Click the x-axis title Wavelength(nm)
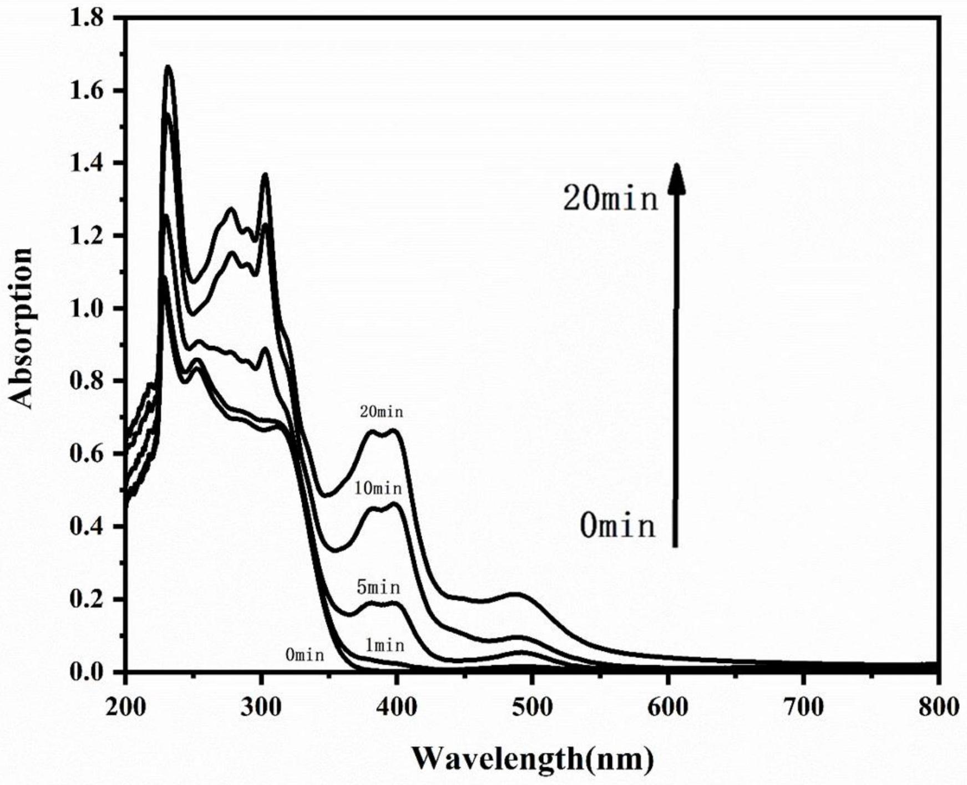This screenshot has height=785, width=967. point(532,757)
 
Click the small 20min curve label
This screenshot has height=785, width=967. point(381,412)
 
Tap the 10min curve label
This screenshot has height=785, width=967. point(378,488)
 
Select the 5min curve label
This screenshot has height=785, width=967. point(378,587)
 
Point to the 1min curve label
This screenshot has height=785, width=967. point(384,645)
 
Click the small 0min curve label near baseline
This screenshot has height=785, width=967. point(305,655)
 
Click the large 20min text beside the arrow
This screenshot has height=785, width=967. point(610,198)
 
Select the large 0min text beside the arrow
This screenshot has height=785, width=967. point(617,526)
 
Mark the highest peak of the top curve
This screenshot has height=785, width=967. point(168,68)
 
